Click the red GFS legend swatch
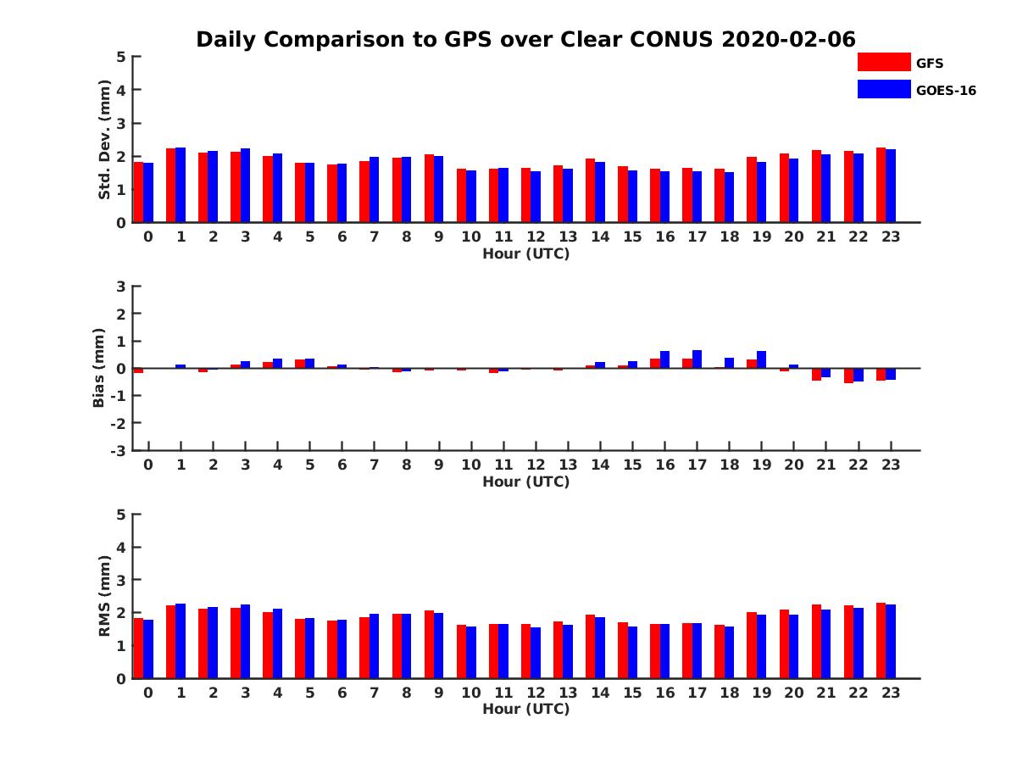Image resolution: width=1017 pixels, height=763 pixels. pyautogui.click(x=883, y=62)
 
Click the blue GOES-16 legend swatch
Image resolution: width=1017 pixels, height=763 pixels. pyautogui.click(x=883, y=89)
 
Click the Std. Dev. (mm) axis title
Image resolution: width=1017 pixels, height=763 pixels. pyautogui.click(x=104, y=140)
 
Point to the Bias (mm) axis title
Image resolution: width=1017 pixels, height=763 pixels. pyautogui.click(x=99, y=368)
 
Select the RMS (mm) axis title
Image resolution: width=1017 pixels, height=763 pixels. pyautogui.click(x=104, y=596)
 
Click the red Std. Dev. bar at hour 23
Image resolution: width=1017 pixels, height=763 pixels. pyautogui.click(x=881, y=186)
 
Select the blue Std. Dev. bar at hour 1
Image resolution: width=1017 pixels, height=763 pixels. pyautogui.click(x=181, y=186)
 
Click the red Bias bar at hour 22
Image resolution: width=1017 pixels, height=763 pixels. pyautogui.click(x=848, y=376)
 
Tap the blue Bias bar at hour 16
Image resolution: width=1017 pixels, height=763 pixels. pyautogui.click(x=664, y=359)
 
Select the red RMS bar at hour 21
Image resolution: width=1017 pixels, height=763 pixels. pyautogui.click(x=816, y=642)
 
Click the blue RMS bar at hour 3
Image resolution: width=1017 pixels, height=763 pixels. pyautogui.click(x=245, y=642)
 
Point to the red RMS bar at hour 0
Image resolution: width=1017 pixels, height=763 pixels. pyautogui.click(x=138, y=649)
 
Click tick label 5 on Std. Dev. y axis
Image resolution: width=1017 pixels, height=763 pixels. pyautogui.click(x=121, y=57)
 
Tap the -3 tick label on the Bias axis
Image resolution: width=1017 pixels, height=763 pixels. pyautogui.click(x=119, y=450)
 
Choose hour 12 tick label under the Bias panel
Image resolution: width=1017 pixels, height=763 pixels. pyautogui.click(x=536, y=465)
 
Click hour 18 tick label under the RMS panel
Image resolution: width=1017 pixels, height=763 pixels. pyautogui.click(x=729, y=692)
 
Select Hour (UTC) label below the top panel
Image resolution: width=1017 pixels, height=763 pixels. pyautogui.click(x=525, y=253)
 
